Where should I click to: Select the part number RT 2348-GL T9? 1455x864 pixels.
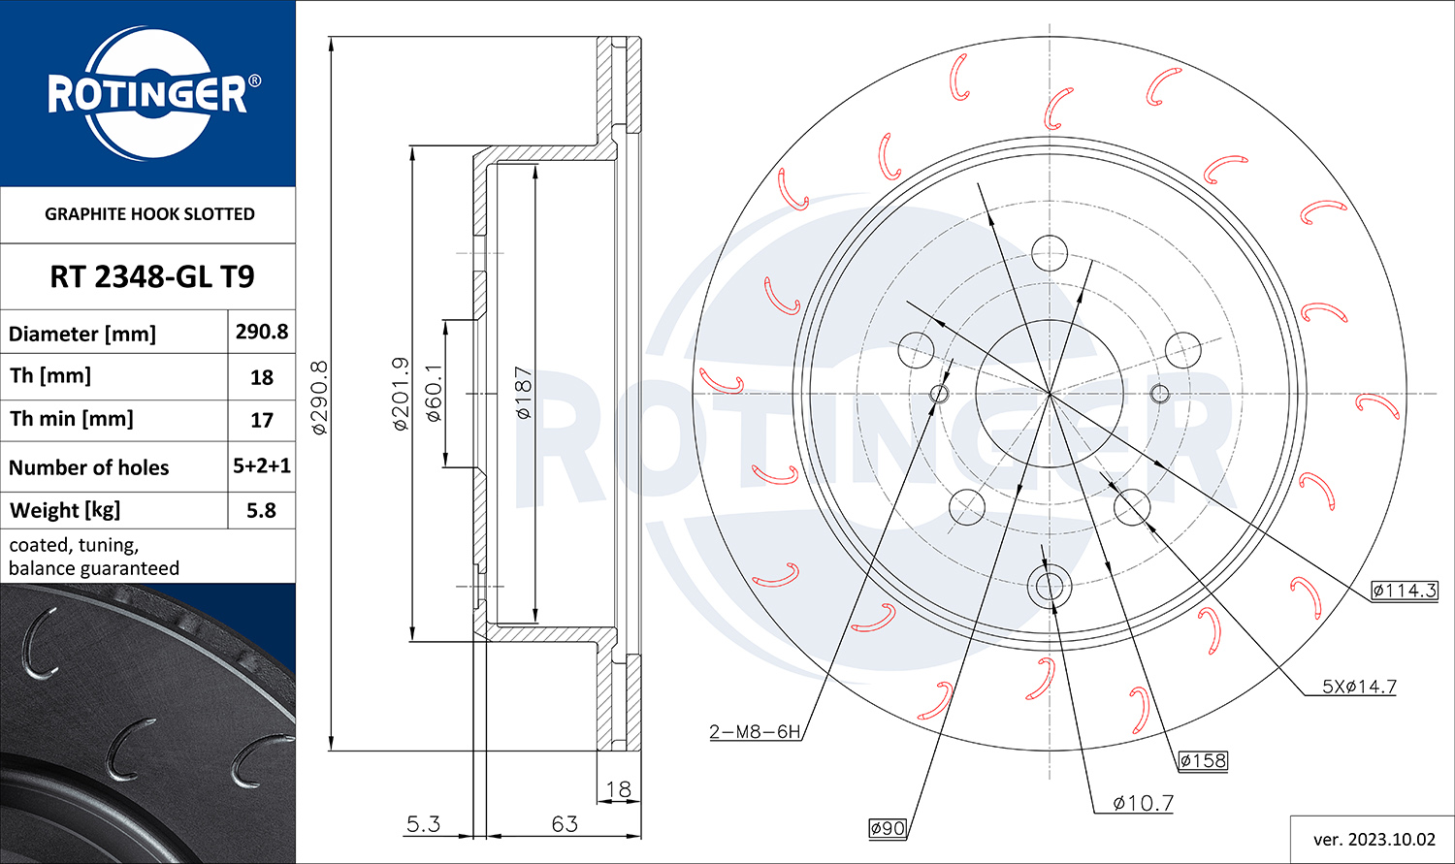152,276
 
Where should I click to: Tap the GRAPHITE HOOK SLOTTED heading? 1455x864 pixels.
149,213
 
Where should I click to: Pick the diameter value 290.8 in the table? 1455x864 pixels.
262,332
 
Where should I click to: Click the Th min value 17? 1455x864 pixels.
262,420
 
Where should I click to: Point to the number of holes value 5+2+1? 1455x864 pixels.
262,465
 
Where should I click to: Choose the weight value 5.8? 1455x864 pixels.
261,510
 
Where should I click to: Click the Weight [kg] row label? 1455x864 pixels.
65,510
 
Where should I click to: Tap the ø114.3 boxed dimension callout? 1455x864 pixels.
1405,591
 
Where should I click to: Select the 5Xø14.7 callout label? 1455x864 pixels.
1360,687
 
